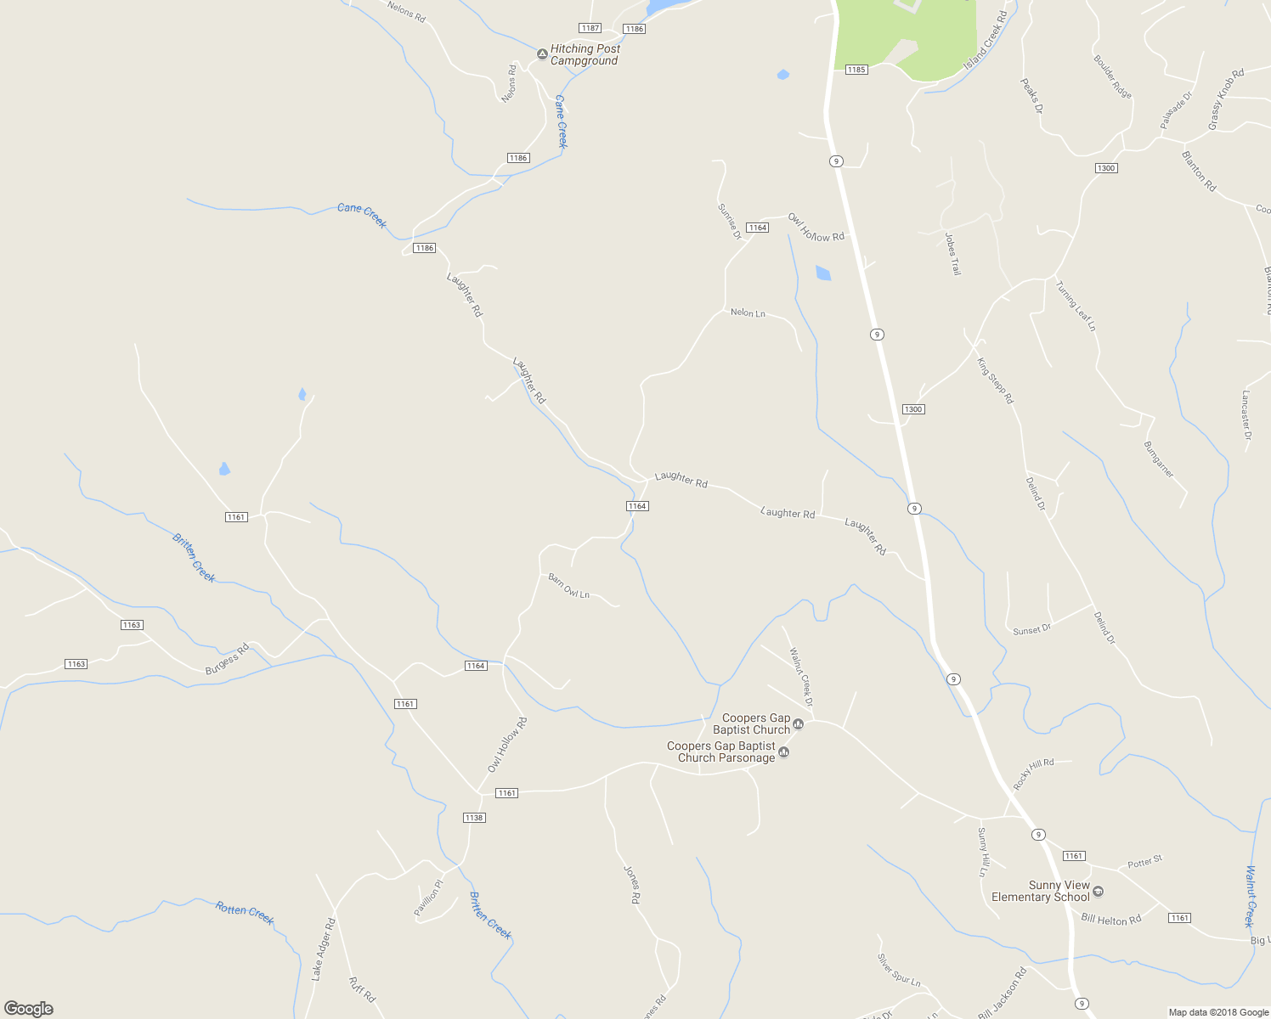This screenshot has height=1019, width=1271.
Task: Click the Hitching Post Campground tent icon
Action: (542, 54)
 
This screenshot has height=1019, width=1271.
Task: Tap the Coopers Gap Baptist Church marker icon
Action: (798, 724)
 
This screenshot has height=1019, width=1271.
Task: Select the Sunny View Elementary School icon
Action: (1098, 892)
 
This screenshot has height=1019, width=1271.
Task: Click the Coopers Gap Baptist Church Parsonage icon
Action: (783, 752)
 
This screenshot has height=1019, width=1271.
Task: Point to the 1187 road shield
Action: (590, 28)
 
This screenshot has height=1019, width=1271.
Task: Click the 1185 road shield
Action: (856, 70)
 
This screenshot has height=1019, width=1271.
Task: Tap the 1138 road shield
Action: (474, 818)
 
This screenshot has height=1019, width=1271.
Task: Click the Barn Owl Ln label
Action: (568, 586)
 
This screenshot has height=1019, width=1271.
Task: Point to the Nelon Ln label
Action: (748, 313)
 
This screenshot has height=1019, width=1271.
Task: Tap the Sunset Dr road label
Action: (1031, 630)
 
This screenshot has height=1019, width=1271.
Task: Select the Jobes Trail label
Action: (952, 254)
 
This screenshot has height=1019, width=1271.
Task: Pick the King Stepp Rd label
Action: (995, 380)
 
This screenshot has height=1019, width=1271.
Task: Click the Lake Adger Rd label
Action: (323, 949)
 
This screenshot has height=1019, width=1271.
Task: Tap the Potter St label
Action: (1144, 863)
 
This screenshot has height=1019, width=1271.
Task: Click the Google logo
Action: (29, 1009)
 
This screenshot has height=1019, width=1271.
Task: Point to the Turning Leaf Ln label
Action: (1076, 306)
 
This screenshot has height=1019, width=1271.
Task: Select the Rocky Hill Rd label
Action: (1033, 774)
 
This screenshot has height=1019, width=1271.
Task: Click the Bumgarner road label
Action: (1158, 459)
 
